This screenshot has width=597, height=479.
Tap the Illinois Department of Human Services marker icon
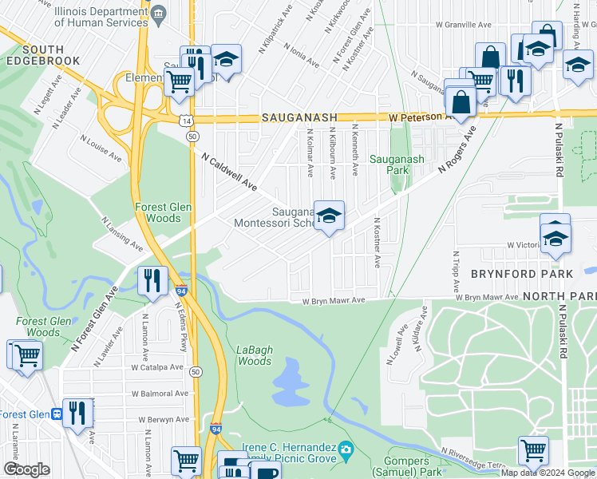158,14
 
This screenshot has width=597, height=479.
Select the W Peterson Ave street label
417,117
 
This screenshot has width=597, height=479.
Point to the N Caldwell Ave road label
228,172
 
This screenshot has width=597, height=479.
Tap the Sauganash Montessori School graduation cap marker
328,216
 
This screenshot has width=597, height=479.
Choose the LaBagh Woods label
255,355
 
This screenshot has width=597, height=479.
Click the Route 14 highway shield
186,120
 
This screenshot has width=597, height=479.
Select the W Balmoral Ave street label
160,394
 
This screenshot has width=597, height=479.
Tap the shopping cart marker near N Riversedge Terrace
532,449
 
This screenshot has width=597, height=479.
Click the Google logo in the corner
26,469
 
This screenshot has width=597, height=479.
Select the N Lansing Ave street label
121,232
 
